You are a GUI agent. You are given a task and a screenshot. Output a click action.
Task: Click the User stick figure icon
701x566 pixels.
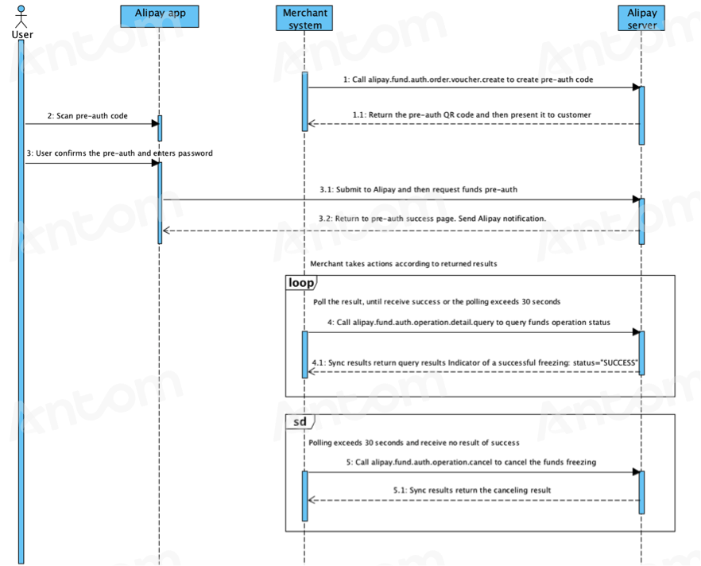coord(21,17)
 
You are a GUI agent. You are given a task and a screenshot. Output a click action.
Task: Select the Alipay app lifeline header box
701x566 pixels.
coord(160,17)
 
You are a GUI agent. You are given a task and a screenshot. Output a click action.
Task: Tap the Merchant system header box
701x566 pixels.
coord(304,18)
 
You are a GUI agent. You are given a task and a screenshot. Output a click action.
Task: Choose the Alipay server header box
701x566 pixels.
coord(641,18)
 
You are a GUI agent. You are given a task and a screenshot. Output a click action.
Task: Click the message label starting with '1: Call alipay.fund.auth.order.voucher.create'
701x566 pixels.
coord(468,79)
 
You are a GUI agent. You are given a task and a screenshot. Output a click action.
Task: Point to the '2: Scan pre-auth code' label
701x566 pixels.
coord(87,116)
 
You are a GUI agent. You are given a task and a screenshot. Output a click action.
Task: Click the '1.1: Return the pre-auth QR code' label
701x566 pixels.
coord(471,115)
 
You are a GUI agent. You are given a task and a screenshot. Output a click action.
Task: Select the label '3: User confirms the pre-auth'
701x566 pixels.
coord(119,153)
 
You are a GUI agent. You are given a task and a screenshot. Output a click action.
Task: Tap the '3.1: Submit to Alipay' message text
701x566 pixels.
coord(418,189)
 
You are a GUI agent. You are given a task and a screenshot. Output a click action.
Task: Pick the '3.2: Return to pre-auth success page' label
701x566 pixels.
coord(432,219)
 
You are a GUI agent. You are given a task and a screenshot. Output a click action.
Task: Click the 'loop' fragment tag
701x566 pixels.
coord(301,282)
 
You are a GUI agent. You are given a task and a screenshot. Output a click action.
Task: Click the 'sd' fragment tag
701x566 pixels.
coord(300,421)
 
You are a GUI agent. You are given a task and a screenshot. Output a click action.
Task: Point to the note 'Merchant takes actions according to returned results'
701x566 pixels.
coord(404,264)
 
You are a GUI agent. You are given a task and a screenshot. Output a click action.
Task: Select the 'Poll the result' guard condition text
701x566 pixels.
coord(437,302)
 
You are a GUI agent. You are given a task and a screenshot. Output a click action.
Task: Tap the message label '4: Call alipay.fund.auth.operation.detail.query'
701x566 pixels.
coord(469,322)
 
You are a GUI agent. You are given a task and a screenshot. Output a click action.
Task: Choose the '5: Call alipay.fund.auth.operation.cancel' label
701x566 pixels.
coord(471,463)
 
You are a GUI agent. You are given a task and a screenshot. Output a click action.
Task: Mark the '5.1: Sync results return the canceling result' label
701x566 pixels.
coord(472,490)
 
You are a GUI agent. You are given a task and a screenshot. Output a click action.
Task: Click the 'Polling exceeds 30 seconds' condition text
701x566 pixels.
coord(414,443)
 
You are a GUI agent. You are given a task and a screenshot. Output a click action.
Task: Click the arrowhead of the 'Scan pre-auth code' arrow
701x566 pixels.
coord(155,123)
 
